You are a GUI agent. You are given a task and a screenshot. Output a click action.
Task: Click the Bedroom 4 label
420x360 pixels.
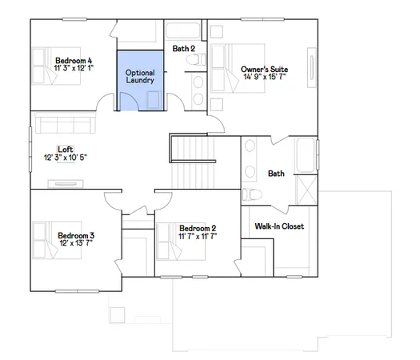click(x=74, y=60)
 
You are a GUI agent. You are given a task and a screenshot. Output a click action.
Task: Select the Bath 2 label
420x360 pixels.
click(x=184, y=49)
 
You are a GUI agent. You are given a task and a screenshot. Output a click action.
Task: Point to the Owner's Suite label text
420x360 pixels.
click(x=264, y=70)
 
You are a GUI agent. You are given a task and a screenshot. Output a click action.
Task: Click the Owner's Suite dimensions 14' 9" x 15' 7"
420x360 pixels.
click(x=264, y=78)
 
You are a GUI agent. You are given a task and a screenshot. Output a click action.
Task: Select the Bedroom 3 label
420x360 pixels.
click(x=76, y=235)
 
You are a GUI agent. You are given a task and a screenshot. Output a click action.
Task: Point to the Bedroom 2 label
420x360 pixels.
click(x=198, y=228)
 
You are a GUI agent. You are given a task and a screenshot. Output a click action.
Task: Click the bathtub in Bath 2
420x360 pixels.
click(x=186, y=33)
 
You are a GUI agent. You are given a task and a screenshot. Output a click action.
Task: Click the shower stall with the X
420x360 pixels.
click(x=305, y=190)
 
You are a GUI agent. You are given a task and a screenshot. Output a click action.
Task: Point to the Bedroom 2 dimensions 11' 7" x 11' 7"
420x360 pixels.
click(x=198, y=237)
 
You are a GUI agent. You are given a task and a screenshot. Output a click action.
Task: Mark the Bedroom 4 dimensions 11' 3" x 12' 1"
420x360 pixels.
click(x=74, y=69)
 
